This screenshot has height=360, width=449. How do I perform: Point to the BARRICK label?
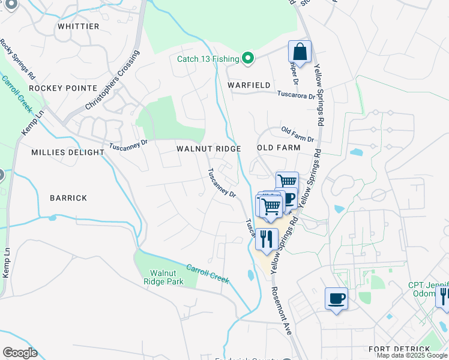[x=68, y=197]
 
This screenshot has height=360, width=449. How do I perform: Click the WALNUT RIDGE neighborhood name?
[x=208, y=148]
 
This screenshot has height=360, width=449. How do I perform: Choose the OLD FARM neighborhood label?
[x=278, y=148]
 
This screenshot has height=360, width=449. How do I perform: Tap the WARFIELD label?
[x=249, y=85]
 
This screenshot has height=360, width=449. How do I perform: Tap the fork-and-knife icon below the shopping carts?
[x=267, y=238]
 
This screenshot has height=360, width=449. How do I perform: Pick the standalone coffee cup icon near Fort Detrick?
[x=336, y=298]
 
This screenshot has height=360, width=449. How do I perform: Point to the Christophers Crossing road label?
[x=112, y=80]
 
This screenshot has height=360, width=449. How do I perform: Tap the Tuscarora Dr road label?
[x=296, y=95]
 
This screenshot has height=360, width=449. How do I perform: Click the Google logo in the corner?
[x=20, y=353]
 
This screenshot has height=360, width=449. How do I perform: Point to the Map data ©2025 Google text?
[x=412, y=355]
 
